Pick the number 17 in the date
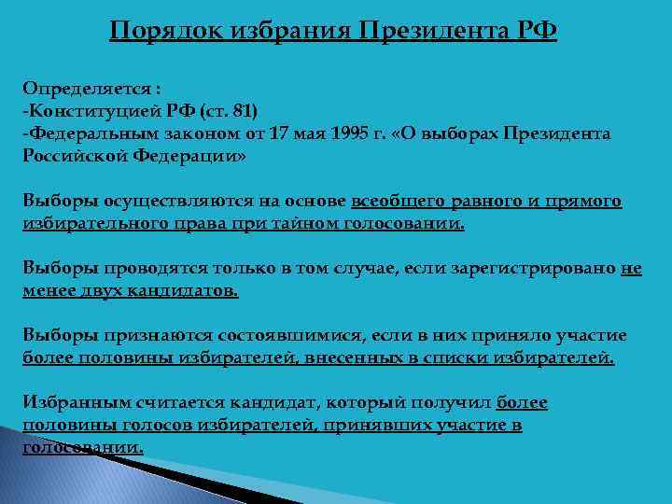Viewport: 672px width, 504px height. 278,134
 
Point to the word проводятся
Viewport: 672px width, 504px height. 159,268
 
